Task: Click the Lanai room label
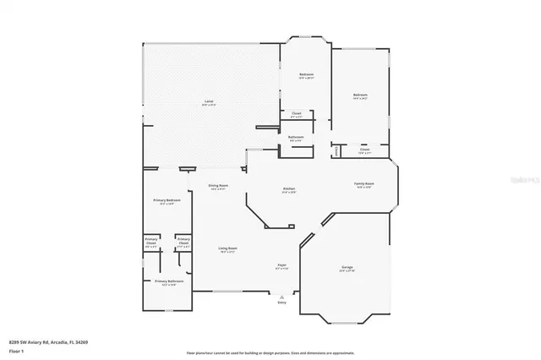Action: (x=208, y=101)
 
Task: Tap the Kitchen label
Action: (x=288, y=190)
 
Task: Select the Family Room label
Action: (x=364, y=184)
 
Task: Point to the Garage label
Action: (x=347, y=268)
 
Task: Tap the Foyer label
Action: (x=282, y=266)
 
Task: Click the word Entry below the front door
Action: (x=282, y=302)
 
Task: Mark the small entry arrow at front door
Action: (x=282, y=296)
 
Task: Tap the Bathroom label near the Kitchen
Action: (x=296, y=138)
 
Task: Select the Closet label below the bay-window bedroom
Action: (x=297, y=114)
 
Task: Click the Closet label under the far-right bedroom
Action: (x=364, y=150)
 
